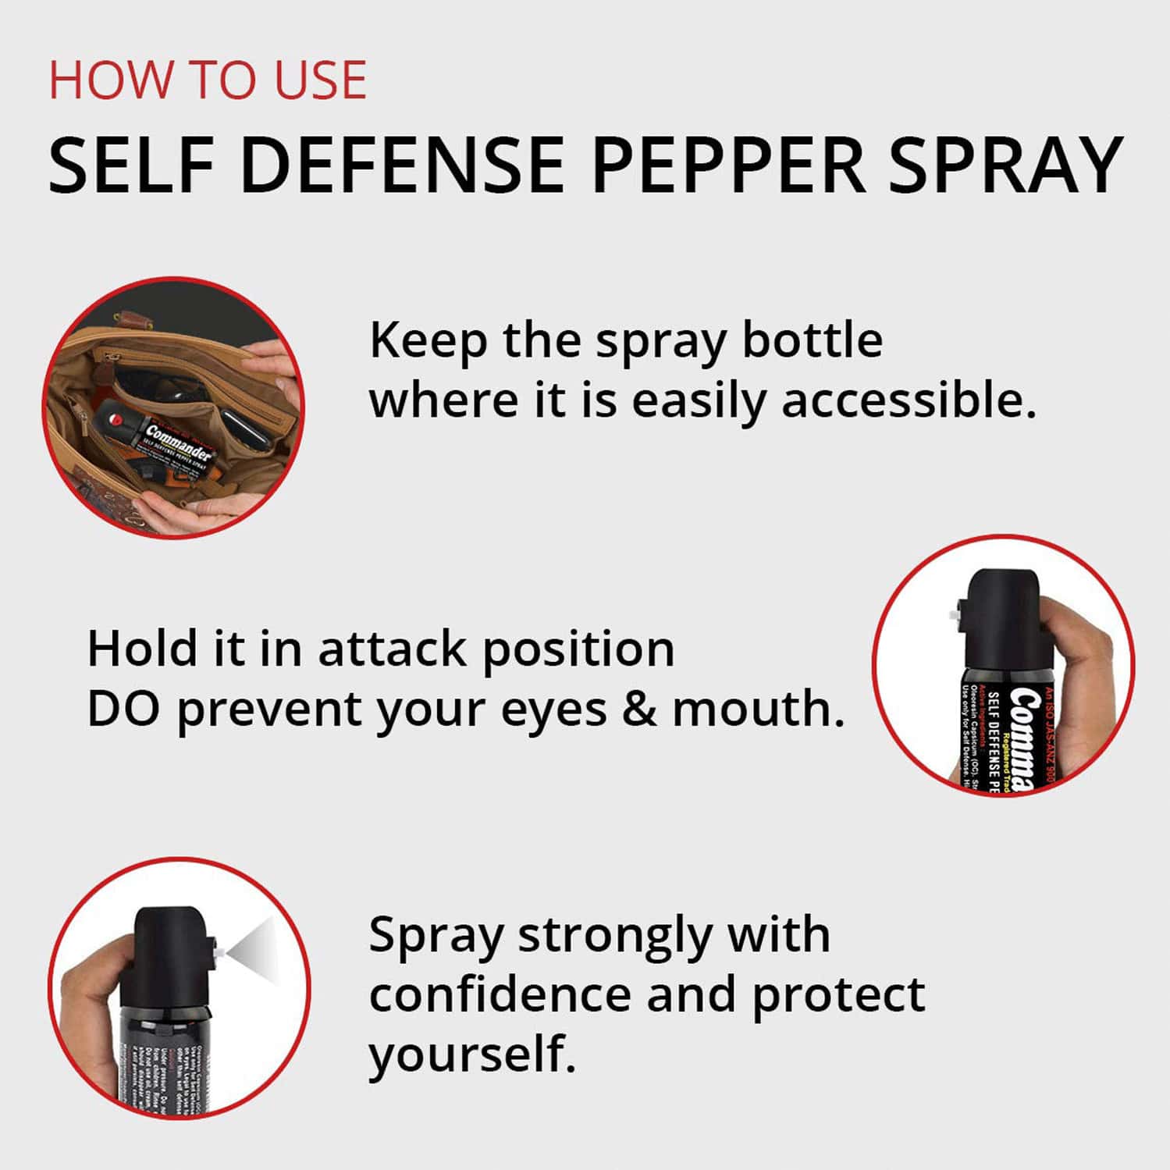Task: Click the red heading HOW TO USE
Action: [x=208, y=80]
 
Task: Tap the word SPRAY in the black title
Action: [x=1005, y=165]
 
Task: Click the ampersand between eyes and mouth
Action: [x=640, y=709]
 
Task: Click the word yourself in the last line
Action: [x=471, y=1054]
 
